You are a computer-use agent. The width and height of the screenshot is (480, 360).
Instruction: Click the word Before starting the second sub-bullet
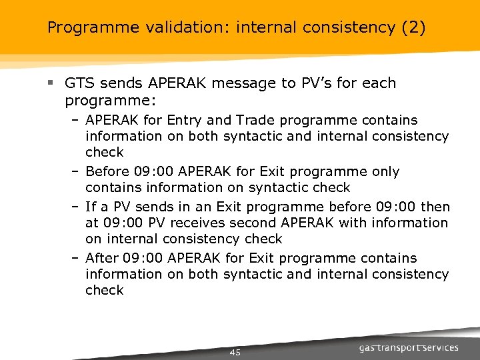(x=109, y=171)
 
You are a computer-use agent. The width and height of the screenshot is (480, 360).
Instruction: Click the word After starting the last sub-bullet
(x=104, y=258)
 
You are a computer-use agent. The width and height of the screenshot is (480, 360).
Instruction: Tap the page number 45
(x=235, y=352)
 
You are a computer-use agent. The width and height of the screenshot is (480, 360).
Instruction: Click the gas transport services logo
(x=409, y=347)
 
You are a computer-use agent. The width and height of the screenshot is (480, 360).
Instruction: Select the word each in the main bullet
(x=379, y=83)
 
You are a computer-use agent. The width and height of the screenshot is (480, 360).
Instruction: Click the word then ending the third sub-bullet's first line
(x=435, y=207)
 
